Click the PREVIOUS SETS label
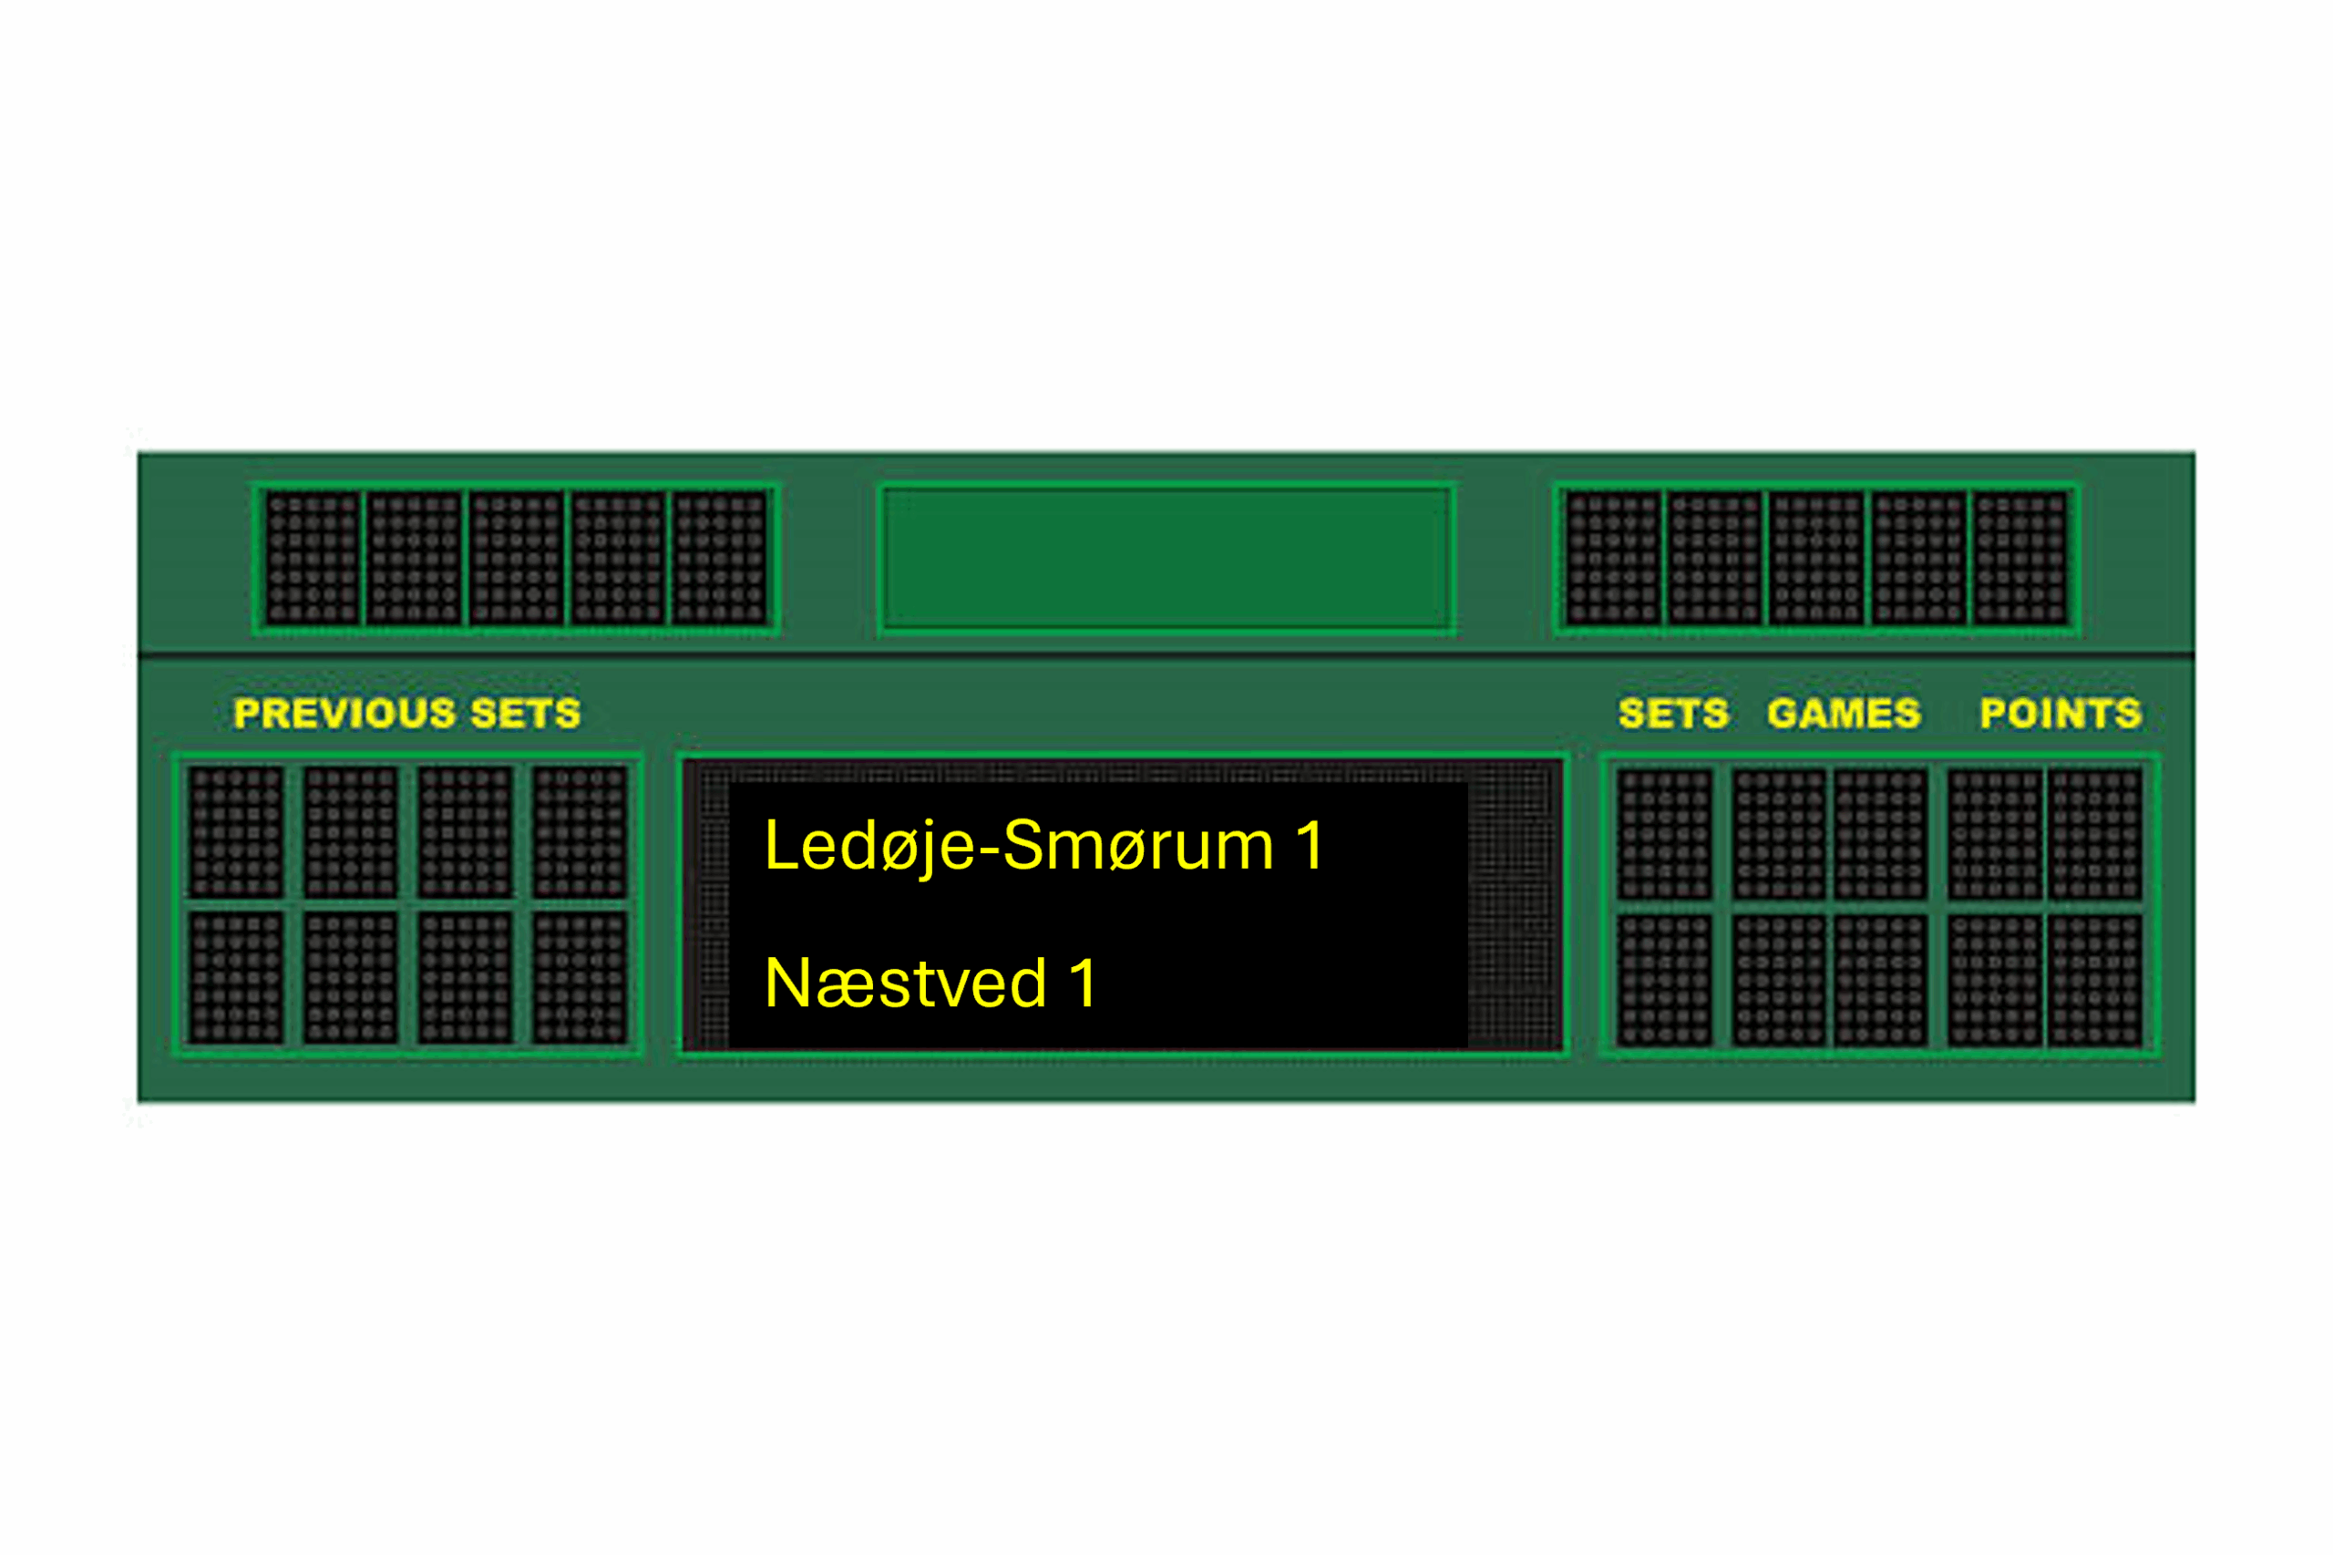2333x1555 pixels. point(406,713)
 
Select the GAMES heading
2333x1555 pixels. point(1845,713)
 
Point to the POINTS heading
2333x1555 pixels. point(2061,713)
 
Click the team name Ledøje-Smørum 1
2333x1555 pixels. point(1043,846)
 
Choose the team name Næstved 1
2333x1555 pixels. point(930,983)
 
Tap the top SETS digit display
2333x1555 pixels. point(1666,833)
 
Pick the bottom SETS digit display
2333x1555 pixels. point(1666,979)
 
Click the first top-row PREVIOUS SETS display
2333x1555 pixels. point(236,831)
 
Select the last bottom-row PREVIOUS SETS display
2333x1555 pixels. point(580,977)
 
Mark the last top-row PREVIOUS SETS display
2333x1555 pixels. point(580,831)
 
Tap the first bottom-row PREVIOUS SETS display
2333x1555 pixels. point(236,977)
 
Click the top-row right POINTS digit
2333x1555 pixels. point(2096,833)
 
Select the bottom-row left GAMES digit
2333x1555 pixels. point(1780,979)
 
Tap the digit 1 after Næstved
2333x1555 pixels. point(1083,983)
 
